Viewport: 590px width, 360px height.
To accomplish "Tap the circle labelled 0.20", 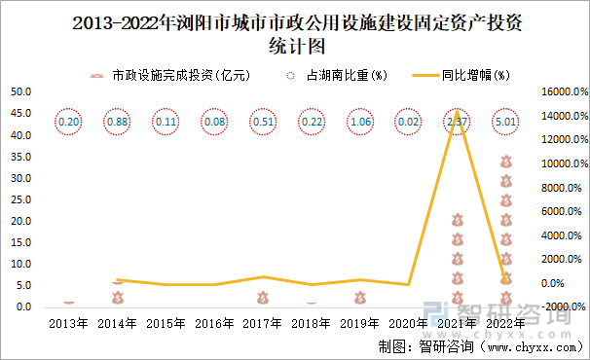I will [69, 123].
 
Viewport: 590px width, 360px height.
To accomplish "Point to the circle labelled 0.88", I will [118, 123].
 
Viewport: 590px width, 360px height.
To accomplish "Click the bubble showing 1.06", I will [359, 123].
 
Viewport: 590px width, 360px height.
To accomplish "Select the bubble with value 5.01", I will [504, 123].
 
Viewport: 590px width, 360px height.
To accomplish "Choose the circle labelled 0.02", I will [408, 123].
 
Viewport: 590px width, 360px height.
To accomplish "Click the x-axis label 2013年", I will [69, 323].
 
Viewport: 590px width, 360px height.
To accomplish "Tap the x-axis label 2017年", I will [263, 323].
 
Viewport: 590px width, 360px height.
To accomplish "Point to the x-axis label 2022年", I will [504, 323].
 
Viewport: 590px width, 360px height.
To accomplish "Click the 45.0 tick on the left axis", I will [20, 114].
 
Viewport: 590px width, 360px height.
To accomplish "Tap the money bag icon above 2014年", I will [118, 298].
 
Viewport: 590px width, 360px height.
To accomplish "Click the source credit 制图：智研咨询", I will [425, 345].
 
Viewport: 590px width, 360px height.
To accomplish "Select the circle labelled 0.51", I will [263, 123].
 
